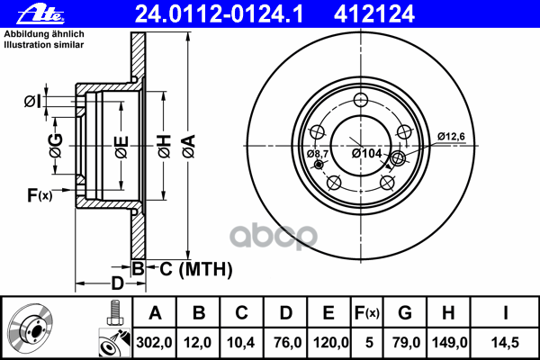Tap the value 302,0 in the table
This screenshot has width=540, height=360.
click(154, 342)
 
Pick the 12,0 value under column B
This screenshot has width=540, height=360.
click(199, 342)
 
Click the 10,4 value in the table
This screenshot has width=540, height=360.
click(242, 342)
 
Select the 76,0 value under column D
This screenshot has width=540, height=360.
click(285, 342)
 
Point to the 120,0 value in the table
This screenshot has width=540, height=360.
click(328, 342)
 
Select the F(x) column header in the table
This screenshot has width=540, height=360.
click(368, 313)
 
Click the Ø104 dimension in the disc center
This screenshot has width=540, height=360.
click(368, 154)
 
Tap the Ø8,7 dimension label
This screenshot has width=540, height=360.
click(318, 154)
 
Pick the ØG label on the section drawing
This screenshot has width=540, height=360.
click(56, 143)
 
